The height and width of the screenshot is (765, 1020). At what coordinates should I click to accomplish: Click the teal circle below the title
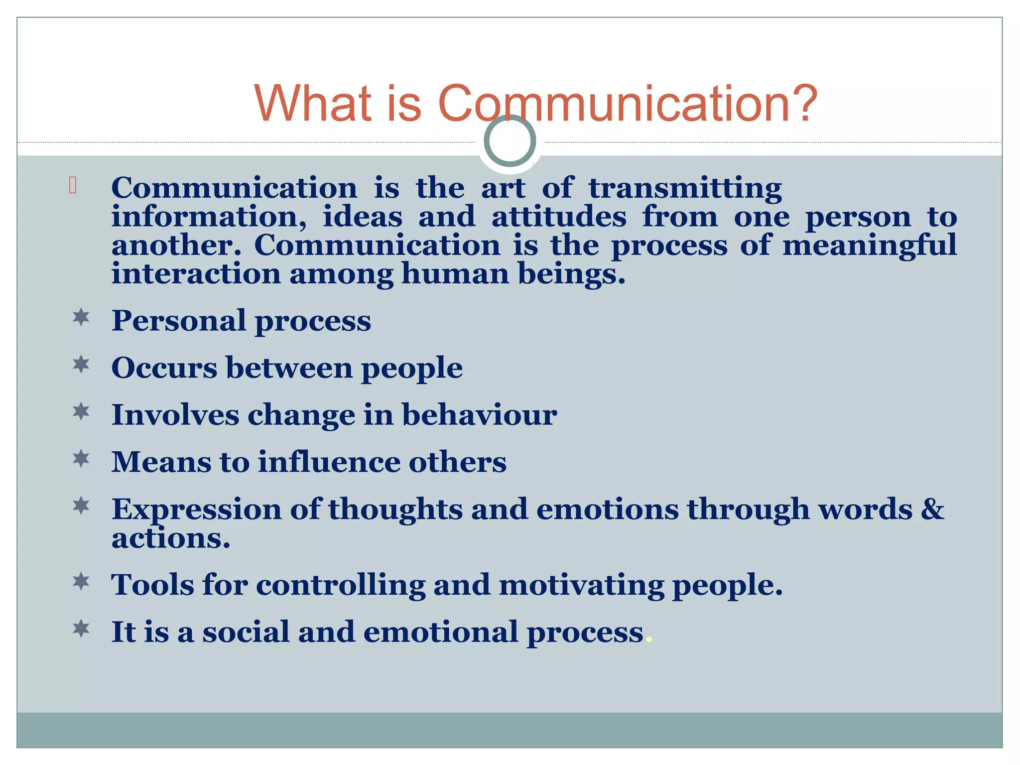tap(510, 140)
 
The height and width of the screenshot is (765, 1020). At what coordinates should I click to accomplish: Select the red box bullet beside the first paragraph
tap(73, 185)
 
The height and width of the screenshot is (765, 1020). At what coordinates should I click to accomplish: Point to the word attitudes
tap(558, 218)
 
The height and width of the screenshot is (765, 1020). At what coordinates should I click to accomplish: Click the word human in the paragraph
tap(455, 274)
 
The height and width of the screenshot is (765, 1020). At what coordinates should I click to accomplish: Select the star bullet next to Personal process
tap(81, 317)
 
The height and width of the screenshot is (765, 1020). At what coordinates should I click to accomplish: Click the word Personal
tap(179, 320)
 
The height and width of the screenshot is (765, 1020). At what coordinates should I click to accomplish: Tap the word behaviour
tap(479, 415)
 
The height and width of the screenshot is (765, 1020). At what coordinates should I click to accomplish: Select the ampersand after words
tap(932, 509)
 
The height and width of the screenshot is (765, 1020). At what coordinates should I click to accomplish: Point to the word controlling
tap(341, 584)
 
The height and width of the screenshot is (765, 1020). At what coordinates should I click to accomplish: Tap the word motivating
tap(581, 584)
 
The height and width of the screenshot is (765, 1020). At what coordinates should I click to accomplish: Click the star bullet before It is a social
tap(81, 629)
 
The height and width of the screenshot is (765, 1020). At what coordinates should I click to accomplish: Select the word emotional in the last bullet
tap(441, 632)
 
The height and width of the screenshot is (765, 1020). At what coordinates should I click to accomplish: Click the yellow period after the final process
tap(648, 640)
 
